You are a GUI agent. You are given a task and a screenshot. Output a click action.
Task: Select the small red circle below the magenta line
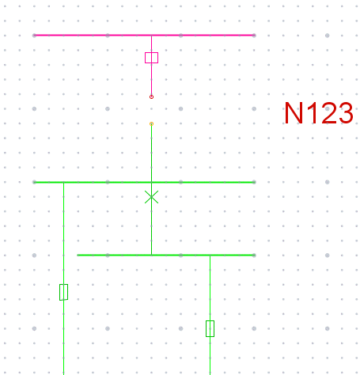(151, 97)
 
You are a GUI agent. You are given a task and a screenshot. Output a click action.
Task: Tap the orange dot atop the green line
(151, 123)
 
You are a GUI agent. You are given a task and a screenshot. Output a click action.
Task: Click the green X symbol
(151, 197)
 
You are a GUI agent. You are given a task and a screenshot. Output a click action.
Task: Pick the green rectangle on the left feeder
(63, 292)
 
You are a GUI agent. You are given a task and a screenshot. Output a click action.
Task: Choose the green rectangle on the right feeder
(210, 328)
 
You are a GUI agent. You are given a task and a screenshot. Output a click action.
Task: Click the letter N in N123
(294, 113)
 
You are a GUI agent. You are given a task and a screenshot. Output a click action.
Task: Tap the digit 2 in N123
(329, 113)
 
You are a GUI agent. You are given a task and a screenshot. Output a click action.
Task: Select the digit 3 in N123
(346, 113)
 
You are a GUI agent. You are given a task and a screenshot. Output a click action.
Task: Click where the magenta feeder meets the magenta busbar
(151, 35)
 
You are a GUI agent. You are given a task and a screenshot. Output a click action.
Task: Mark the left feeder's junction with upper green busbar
(63, 182)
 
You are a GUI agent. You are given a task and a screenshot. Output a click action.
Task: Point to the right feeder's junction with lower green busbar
(210, 256)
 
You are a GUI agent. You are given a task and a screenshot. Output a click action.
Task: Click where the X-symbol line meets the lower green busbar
(151, 256)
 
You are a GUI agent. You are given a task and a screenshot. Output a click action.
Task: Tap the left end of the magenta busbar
(34, 35)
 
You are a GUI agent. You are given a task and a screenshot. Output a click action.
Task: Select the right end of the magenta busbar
(254, 35)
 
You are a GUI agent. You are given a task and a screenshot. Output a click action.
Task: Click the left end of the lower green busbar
(78, 256)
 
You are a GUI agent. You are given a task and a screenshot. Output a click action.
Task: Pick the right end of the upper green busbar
(254, 182)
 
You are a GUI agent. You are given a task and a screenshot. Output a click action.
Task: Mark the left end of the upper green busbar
(34, 182)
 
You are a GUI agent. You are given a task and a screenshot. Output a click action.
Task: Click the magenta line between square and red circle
(151, 79)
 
